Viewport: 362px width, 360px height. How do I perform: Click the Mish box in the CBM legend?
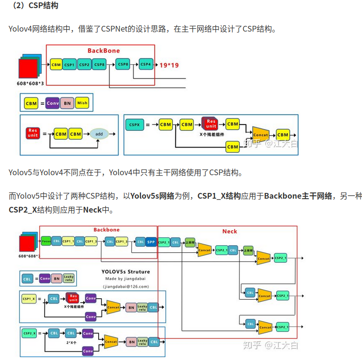coord(82,103)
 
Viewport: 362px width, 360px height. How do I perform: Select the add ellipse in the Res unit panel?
coord(100,135)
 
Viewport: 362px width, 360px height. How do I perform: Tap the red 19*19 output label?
coord(169,65)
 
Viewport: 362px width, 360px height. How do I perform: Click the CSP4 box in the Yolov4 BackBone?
coord(146,64)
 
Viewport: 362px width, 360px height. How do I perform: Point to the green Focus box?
coord(46,241)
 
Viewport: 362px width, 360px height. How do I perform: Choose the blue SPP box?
coord(151,242)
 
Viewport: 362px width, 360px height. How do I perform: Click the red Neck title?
coord(229,231)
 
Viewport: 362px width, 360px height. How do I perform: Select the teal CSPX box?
coord(134,125)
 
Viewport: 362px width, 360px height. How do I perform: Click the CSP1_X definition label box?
coord(29,298)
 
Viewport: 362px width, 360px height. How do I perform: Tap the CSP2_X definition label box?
coord(29,333)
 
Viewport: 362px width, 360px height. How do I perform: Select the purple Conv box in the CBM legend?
coord(53,103)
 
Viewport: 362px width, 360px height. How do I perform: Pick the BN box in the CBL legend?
coord(57,278)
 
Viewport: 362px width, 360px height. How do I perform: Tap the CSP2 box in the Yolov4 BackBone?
coord(84,64)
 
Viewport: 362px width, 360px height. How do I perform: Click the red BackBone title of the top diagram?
coord(103,50)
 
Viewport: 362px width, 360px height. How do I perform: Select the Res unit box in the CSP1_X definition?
coord(73,298)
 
